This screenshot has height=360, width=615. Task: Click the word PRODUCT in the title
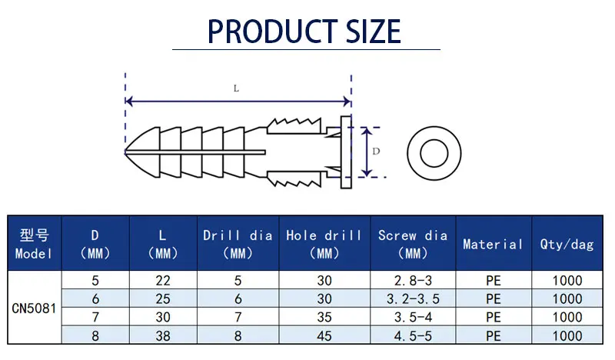(x=272, y=32)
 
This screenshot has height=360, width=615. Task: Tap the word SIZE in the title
(x=374, y=32)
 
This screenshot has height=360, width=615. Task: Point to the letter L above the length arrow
(x=236, y=88)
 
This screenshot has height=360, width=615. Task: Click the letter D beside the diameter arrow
(x=376, y=151)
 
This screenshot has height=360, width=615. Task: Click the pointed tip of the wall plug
(x=125, y=152)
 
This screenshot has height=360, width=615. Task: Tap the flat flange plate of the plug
(x=346, y=152)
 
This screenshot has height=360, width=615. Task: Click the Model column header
(x=34, y=244)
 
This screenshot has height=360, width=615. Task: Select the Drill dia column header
(x=238, y=244)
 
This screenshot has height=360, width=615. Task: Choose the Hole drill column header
(x=324, y=244)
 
